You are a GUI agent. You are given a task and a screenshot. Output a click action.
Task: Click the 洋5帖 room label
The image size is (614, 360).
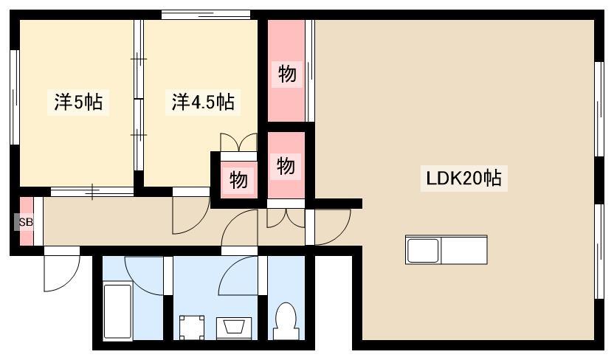[x=78, y=102]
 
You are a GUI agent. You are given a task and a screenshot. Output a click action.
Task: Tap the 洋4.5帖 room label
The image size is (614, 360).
[x=203, y=102]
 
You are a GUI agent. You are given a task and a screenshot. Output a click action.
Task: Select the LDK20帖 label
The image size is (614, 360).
[x=463, y=179]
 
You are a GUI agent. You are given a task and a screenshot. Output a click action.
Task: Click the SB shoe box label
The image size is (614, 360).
[x=26, y=222]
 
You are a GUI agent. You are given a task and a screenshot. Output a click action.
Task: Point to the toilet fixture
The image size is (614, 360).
[x=286, y=321]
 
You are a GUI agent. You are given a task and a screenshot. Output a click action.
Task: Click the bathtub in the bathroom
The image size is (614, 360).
[x=117, y=311]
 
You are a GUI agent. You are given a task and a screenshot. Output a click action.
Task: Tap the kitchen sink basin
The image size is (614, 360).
[x=423, y=250]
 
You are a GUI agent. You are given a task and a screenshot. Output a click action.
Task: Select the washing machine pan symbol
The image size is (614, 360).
[x=192, y=328]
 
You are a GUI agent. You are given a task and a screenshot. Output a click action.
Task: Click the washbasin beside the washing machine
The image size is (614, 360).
[x=233, y=328]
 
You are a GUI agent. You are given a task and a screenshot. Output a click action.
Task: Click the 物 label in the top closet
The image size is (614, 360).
[x=287, y=74]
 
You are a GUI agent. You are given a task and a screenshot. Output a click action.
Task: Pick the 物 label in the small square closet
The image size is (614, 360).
[x=238, y=180]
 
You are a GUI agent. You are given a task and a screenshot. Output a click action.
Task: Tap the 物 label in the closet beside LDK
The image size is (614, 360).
[x=286, y=166]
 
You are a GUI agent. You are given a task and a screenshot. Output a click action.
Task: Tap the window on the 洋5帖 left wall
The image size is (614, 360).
[x=15, y=97]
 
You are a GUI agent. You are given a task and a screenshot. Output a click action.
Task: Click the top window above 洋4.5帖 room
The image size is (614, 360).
[x=206, y=15]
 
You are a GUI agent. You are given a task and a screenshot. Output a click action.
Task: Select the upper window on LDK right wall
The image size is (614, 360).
[x=599, y=109]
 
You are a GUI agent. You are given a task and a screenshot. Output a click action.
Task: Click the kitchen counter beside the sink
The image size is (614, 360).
[x=465, y=249]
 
